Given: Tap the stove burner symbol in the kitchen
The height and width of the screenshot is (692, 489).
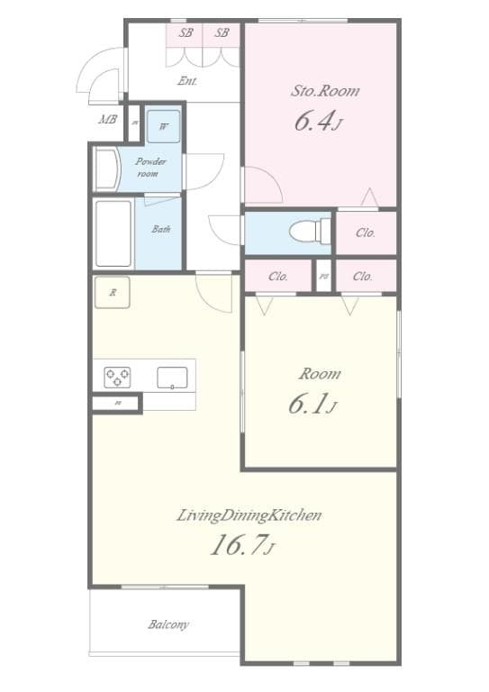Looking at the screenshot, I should [116, 377].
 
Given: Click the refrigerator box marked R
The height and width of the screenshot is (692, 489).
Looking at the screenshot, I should [113, 292].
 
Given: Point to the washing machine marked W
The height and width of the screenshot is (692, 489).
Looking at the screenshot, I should [163, 126].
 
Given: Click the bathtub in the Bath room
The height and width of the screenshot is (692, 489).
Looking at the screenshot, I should [113, 232].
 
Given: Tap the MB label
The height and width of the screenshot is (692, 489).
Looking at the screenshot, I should [107, 119].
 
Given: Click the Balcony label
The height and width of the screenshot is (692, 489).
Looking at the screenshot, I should [168, 624].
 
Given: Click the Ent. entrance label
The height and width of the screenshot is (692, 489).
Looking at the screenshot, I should [187, 80].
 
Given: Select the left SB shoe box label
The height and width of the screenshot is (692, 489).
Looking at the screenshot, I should [186, 32].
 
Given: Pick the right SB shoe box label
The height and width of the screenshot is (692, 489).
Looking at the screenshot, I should [222, 32].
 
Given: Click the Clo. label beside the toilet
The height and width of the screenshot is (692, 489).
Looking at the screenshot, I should [365, 232].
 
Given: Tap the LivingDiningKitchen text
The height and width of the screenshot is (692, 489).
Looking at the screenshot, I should [249, 515].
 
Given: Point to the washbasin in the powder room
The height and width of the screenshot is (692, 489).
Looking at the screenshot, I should [107, 168].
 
